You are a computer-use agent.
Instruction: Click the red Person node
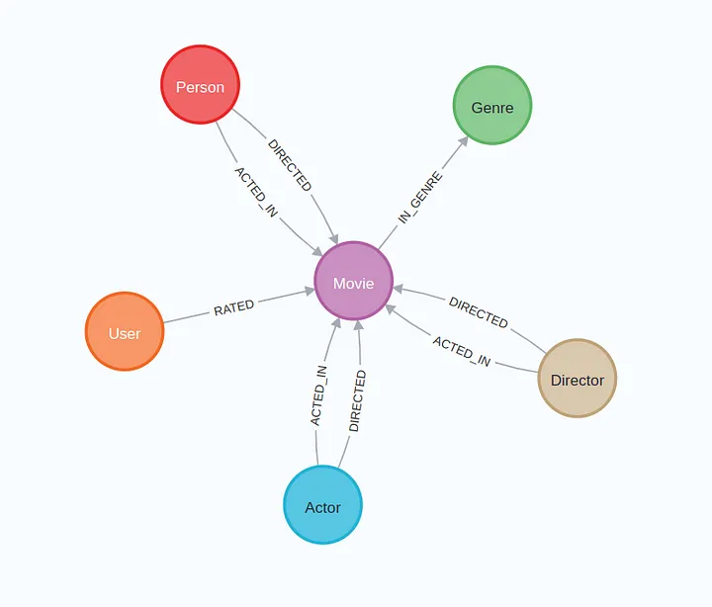200,84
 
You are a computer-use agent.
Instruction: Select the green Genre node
492,106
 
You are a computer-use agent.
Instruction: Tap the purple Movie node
353,281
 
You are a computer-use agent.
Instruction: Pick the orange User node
125,331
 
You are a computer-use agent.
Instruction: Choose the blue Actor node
322,505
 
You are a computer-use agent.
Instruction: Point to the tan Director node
578,379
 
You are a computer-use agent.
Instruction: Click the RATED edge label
233,307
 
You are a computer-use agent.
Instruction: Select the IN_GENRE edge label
420,198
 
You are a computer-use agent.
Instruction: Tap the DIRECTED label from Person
290,165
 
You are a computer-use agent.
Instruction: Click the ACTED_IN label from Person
256,192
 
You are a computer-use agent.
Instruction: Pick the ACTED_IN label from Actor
318,395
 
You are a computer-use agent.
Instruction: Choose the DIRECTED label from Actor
357,401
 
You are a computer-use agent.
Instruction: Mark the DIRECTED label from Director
479,312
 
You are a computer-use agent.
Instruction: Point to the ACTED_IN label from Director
462,351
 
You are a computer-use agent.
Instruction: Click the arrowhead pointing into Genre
463,141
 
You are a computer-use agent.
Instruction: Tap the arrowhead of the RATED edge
310,291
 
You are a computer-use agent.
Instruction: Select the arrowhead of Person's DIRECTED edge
334,238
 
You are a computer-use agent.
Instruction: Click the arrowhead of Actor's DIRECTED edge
358,326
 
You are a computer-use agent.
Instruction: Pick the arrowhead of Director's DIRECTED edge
399,289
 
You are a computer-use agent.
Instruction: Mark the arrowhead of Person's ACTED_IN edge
317,251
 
